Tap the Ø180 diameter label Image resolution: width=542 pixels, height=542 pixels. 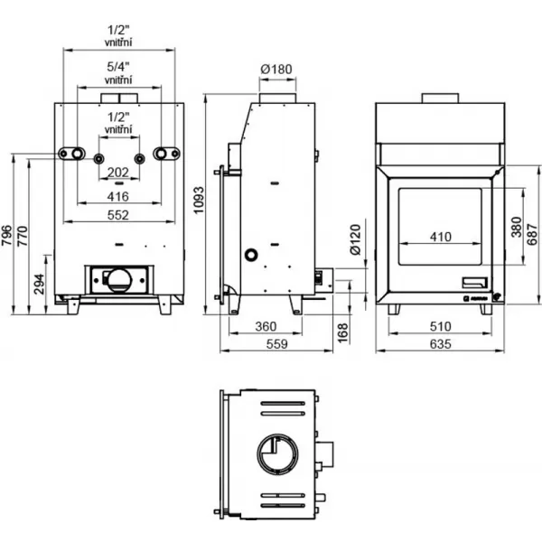click(277, 70)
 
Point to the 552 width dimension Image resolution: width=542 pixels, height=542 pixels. click(118, 214)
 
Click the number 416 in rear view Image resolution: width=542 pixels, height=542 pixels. click(118, 195)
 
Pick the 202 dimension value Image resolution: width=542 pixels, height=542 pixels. click(118, 172)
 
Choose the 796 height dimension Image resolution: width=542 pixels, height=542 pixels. click(7, 234)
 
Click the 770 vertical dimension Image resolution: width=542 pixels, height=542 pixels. click(23, 234)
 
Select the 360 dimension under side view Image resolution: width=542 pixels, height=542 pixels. click(266, 325)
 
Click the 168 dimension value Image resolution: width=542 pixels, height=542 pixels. click(341, 332)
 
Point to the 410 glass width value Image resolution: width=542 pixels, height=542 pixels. click(440, 237)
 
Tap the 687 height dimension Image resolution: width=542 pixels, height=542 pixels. click(531, 226)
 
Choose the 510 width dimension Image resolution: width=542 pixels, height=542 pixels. click(440, 325)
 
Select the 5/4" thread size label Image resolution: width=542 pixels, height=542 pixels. click(118, 67)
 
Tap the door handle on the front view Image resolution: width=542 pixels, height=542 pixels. click(473, 280)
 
